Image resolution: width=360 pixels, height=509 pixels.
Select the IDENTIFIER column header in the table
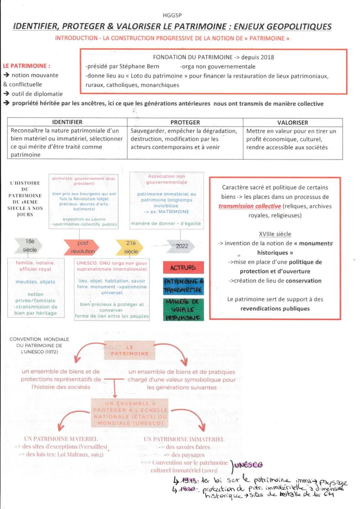tap(67, 123)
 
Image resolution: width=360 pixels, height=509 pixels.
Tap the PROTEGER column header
tap(185, 123)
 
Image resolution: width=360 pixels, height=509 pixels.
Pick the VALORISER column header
tap(293, 123)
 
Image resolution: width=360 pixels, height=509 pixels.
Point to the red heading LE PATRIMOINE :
tap(27, 66)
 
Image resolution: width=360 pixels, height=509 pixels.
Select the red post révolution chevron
tap(80, 247)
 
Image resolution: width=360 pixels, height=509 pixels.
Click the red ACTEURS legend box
tap(183, 268)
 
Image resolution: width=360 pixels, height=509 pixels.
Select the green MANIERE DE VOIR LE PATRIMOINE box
tap(183, 309)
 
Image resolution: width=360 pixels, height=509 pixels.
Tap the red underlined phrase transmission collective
tap(250, 206)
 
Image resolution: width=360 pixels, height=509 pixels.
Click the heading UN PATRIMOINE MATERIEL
tap(61, 439)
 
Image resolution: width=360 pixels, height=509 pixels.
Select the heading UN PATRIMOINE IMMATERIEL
tap(184, 439)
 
